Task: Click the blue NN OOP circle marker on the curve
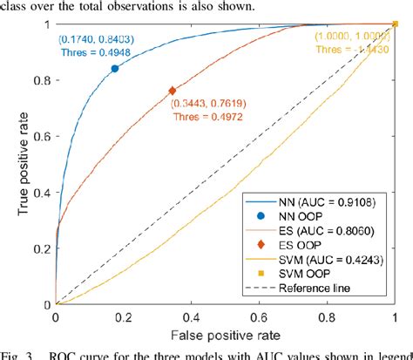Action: [114, 69]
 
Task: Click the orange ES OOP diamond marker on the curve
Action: [172, 91]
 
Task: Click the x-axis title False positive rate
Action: [225, 336]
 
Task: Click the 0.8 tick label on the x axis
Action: [328, 317]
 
